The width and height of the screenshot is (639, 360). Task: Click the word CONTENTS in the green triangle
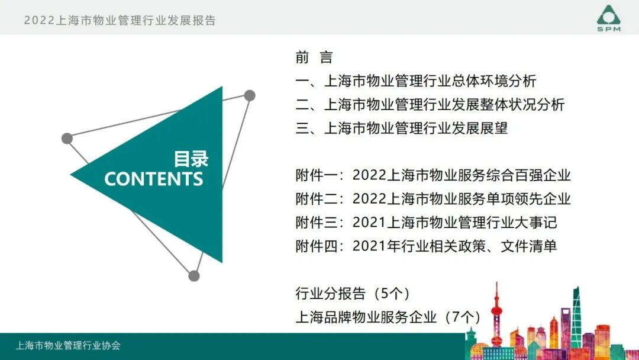click(154, 179)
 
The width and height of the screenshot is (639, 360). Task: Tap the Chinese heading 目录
click(191, 159)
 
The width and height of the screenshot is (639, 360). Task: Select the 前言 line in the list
click(314, 57)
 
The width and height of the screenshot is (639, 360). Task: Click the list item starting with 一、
click(416, 81)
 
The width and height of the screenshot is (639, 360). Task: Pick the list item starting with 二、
click(430, 105)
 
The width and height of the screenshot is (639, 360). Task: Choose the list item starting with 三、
click(402, 128)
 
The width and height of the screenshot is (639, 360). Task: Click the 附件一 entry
click(433, 175)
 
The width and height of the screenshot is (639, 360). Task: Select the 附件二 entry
click(433, 199)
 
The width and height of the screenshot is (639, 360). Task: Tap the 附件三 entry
click(426, 223)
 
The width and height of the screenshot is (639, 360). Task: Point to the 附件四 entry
click(426, 246)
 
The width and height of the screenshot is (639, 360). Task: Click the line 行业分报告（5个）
click(353, 293)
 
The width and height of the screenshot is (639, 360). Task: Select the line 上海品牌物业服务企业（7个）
click(388, 317)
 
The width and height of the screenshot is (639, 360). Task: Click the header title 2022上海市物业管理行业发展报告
click(120, 20)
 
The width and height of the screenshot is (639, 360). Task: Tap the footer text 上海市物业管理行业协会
click(68, 346)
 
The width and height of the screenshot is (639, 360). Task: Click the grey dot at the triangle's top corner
click(250, 95)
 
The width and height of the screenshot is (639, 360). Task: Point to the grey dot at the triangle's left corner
click(67, 139)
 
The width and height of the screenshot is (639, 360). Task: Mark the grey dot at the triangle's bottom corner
click(194, 275)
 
